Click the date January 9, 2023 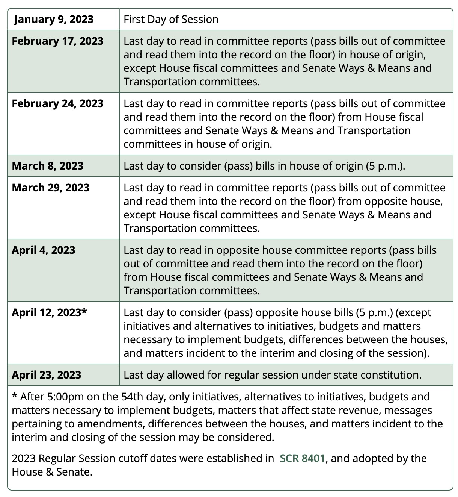[54, 19]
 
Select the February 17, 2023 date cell [57, 41]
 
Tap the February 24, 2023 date [57, 103]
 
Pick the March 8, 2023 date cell [48, 166]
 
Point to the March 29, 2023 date [51, 188]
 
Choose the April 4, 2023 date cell [44, 250]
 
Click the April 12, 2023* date [49, 312]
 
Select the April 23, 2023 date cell [47, 375]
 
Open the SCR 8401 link [302, 458]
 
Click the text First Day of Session [171, 19]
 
